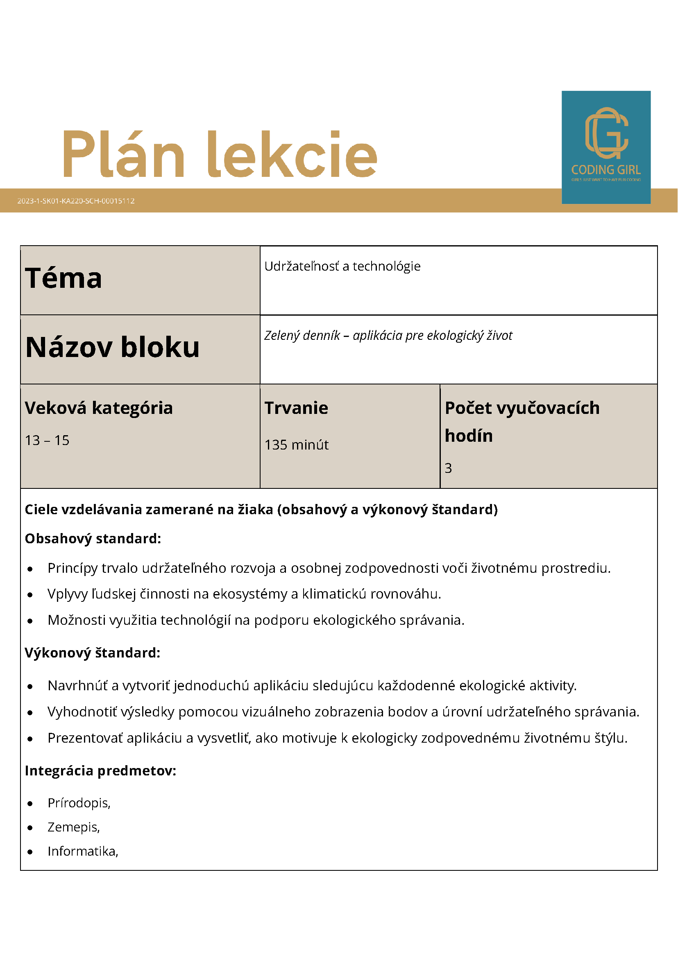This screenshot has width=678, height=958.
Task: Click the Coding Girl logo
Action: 606,147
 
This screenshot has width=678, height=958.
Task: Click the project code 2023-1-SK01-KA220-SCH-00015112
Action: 76,201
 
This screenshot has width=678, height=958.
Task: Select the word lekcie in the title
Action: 292,154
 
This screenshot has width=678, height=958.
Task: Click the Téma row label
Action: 63,278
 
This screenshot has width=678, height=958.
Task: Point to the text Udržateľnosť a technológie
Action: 342,266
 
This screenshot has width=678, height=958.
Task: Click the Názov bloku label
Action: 112,347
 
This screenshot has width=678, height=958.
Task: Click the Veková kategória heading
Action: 99,408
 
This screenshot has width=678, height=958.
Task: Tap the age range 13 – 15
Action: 47,440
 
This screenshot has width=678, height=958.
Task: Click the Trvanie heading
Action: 297,408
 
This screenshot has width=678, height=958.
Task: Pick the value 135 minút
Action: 297,445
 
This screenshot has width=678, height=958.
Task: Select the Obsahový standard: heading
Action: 93,539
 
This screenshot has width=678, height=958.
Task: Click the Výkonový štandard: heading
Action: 93,653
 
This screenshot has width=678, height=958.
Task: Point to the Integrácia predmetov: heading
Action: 101,770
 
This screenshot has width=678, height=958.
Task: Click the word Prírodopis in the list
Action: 78,803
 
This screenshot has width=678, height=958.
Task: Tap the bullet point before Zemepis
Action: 30,828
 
